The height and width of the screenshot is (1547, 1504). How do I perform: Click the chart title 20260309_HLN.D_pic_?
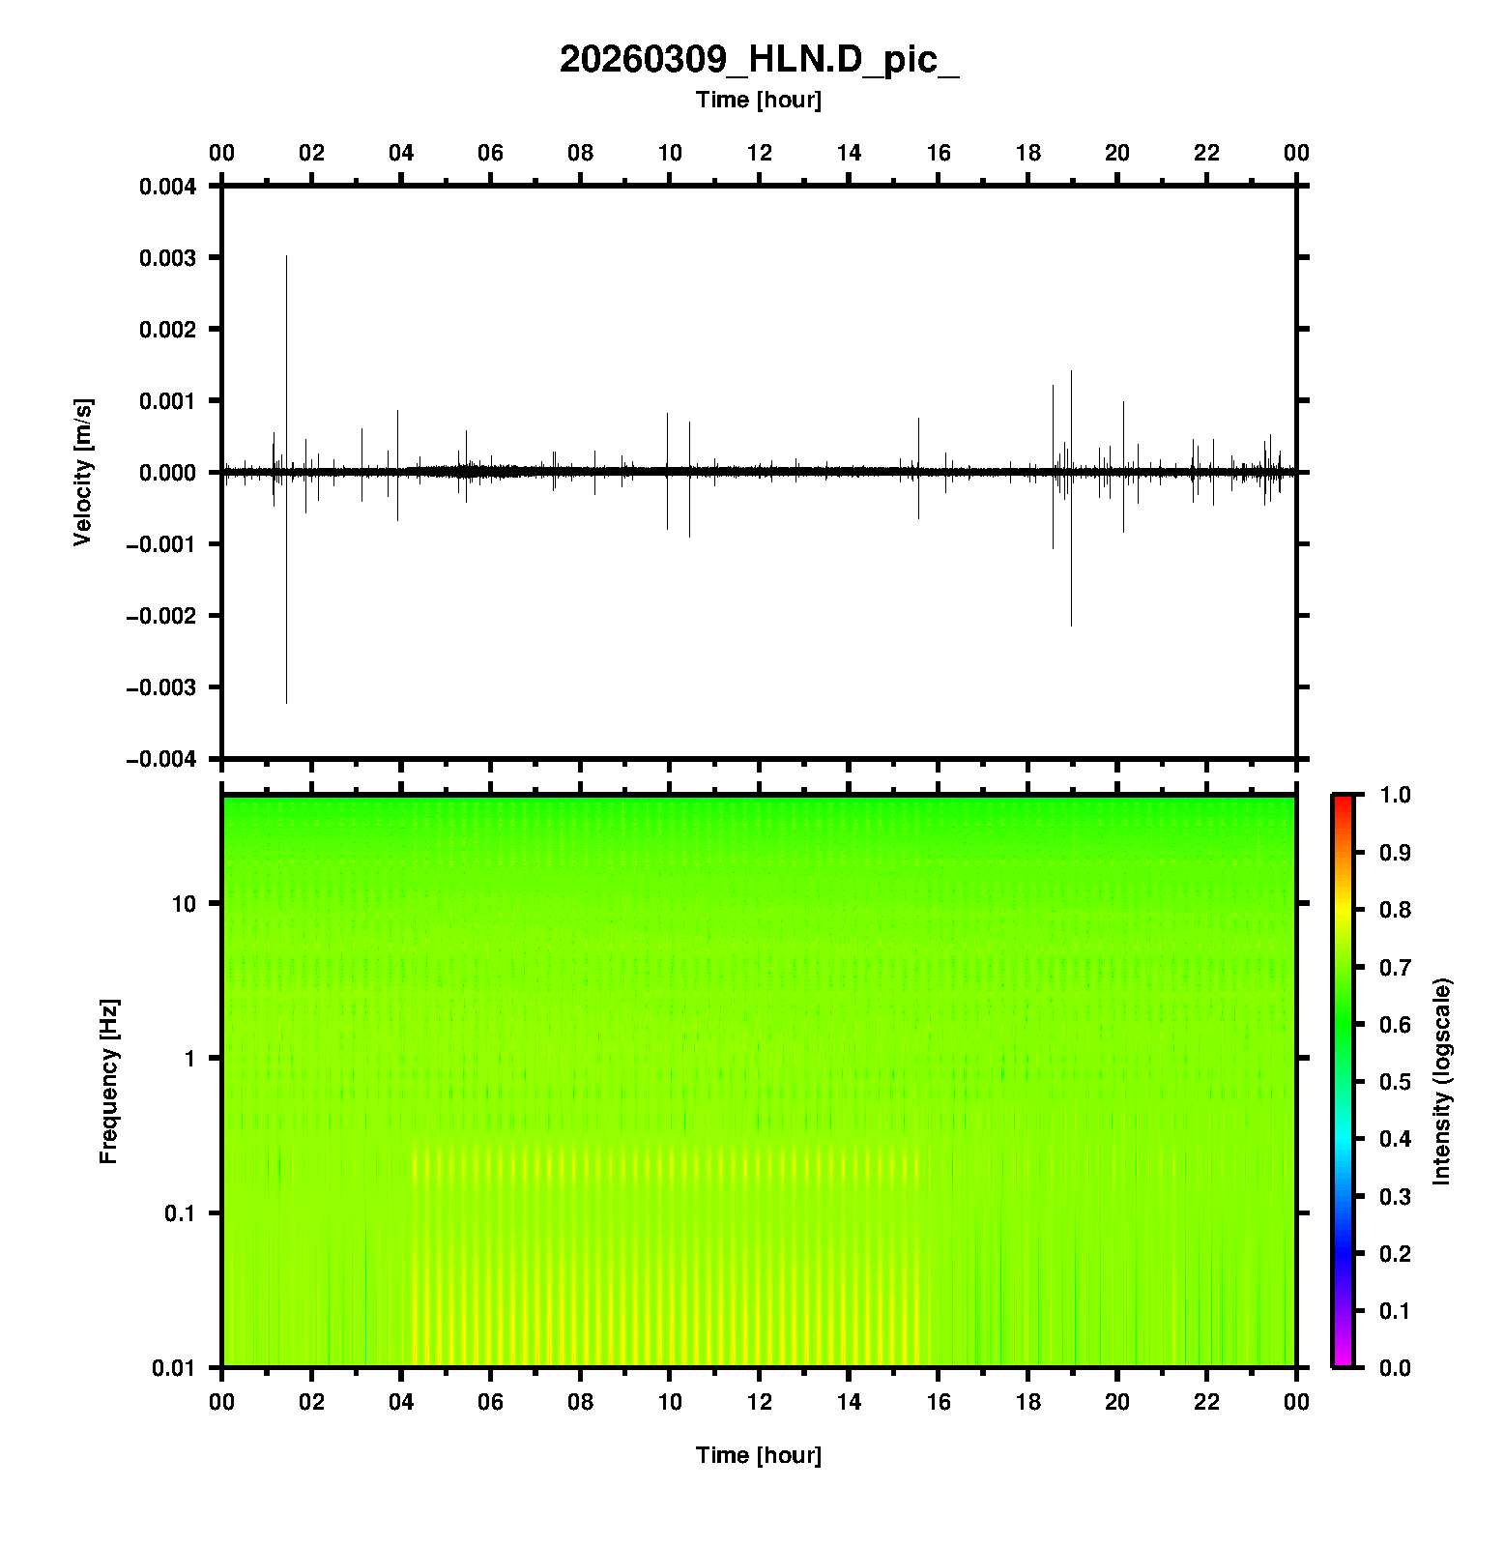(759, 60)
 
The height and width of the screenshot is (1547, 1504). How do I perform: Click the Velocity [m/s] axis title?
(83, 472)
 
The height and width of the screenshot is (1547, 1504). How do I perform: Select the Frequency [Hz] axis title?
(108, 1082)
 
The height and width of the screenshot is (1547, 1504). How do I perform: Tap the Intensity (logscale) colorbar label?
(1443, 1081)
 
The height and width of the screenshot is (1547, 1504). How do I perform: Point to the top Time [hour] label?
(759, 100)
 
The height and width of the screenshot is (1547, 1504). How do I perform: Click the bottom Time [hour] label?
(759, 1455)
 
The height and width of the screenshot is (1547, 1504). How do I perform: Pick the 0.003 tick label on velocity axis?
(168, 258)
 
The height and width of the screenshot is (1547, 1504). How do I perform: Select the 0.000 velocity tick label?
(168, 473)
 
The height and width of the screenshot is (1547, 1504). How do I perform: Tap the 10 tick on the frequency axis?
(184, 904)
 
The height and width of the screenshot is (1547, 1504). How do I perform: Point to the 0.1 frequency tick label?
(179, 1213)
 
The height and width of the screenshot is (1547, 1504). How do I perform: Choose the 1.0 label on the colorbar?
(1397, 795)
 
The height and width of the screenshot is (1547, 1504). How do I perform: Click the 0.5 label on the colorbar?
(1397, 1082)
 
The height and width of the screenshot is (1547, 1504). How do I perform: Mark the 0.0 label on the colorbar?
(1397, 1368)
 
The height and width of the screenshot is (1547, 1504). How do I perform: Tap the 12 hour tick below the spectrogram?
(760, 1402)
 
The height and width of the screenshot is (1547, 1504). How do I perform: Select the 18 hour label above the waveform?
(1028, 153)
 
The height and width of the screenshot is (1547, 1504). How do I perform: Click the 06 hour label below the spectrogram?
(491, 1402)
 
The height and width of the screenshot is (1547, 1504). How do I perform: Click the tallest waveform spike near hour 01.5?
(287, 290)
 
